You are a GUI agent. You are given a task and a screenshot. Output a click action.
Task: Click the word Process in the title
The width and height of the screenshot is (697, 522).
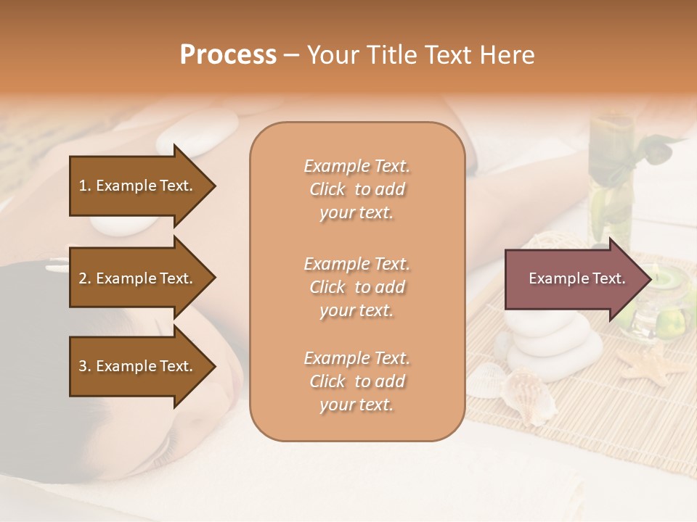(228, 55)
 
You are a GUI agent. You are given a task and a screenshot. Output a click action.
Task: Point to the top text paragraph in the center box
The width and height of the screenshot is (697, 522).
(356, 189)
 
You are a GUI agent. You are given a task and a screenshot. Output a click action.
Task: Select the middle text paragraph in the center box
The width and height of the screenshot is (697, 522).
(356, 287)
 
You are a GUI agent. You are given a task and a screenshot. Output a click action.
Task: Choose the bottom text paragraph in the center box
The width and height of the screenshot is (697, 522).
(356, 381)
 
